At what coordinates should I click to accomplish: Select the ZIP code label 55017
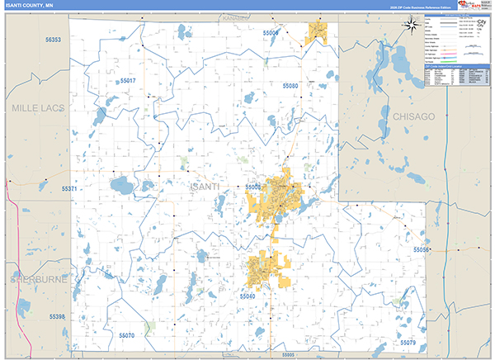pyautogui.click(x=129, y=81)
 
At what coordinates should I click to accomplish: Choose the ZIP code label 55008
pyautogui.click(x=253, y=187)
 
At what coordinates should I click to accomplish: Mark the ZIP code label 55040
pyautogui.click(x=248, y=295)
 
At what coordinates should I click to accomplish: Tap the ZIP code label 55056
pyautogui.click(x=421, y=249)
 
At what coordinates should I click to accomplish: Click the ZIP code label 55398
pyautogui.click(x=56, y=316)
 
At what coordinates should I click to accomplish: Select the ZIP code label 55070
pyautogui.click(x=126, y=335)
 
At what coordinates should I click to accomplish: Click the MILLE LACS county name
pyautogui.click(x=32, y=108)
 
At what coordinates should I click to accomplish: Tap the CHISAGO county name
pyautogui.click(x=412, y=117)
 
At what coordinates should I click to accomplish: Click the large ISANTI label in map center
pyautogui.click(x=205, y=187)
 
